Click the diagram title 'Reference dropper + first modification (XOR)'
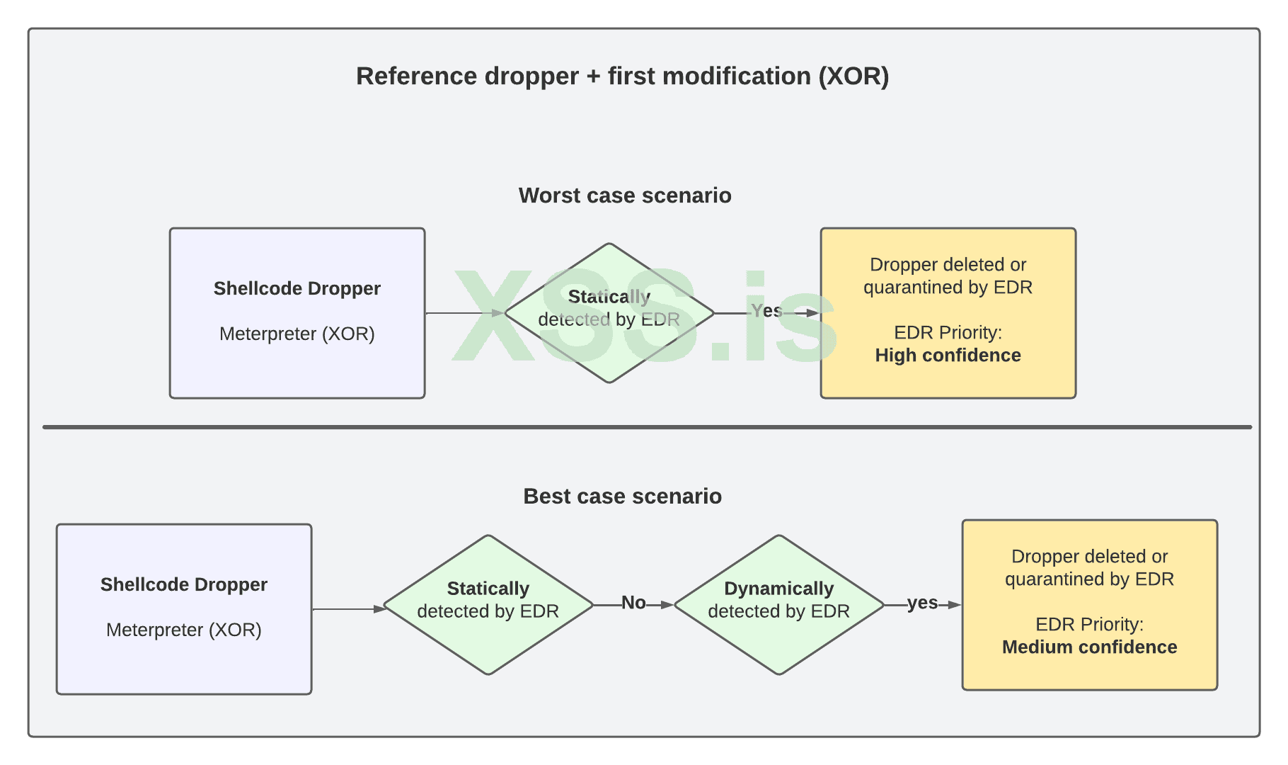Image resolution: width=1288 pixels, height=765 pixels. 622,76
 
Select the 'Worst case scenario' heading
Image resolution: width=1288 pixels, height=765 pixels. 625,195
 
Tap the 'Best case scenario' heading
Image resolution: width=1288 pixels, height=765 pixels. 622,496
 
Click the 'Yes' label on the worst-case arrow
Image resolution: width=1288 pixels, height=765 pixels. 766,311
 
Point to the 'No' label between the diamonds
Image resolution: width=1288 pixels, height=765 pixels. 633,603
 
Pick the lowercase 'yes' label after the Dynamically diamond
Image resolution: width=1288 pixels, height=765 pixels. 922,603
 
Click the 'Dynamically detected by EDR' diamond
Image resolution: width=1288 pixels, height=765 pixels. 778,604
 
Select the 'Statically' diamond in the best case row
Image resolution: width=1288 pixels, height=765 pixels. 488,604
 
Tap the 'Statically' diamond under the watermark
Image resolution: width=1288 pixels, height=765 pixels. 609,312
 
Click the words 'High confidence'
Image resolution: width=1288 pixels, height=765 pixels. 948,356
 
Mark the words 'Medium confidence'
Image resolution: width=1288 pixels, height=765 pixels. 1089,647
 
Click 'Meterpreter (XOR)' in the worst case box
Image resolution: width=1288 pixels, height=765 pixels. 297,334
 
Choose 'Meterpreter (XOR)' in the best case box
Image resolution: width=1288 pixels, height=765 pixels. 183,630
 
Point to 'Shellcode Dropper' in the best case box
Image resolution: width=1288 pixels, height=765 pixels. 183,584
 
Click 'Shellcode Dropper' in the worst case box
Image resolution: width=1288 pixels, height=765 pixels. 297,288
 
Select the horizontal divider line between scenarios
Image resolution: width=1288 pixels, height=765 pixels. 647,427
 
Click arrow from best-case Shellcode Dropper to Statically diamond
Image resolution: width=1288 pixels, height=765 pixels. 347,609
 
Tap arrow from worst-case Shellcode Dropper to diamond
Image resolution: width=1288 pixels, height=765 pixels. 464,312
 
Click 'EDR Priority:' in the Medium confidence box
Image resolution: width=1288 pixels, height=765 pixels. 1089,624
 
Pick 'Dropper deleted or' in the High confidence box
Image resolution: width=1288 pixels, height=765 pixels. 948,265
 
